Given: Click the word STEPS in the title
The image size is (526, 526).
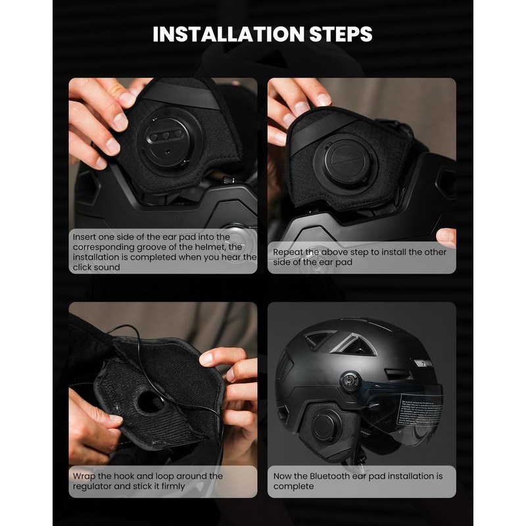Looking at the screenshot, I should pyautogui.click(x=344, y=34).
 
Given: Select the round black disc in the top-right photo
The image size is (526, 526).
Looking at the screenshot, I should pyautogui.click(x=345, y=162).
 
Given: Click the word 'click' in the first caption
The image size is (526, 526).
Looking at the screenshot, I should pyautogui.click(x=87, y=268).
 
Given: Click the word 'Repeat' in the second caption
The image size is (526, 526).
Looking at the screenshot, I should pyautogui.click(x=289, y=252).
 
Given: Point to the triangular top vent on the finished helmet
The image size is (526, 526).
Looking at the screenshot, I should pyautogui.click(x=358, y=344).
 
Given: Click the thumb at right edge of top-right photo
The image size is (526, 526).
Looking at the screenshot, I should pyautogui.click(x=446, y=236).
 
